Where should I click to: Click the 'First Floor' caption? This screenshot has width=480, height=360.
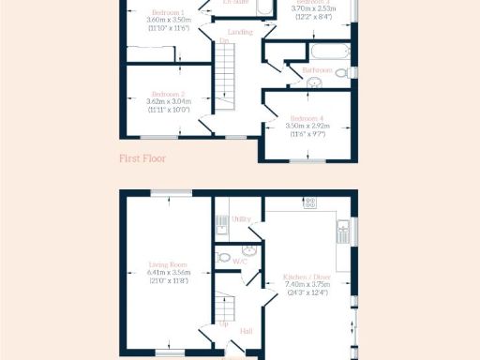[x=142, y=158]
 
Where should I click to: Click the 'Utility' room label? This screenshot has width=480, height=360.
[x=241, y=218]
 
